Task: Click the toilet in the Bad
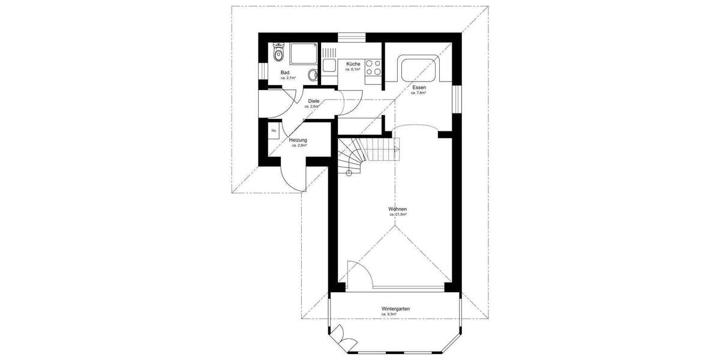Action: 277,53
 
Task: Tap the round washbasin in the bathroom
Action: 313,75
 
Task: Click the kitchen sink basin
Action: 329,64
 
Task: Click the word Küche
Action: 353,64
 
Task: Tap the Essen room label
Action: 419,88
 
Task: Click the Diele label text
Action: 313,101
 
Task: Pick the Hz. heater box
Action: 274,130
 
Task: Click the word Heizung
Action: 298,140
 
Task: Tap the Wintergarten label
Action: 395,309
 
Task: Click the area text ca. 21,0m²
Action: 398,214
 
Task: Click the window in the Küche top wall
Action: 352,38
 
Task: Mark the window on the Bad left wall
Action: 262,71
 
